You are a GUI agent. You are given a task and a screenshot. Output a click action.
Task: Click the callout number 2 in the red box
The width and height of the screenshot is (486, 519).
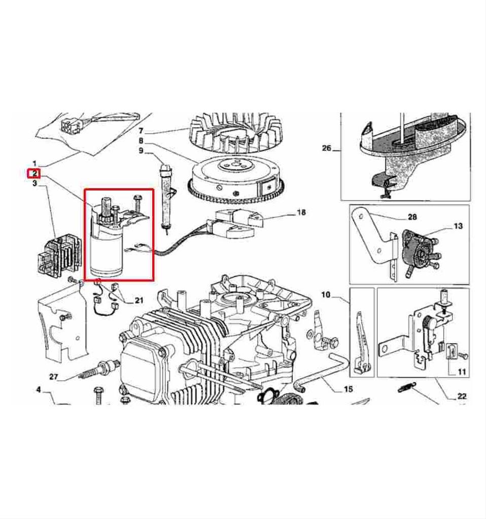(x=34, y=173)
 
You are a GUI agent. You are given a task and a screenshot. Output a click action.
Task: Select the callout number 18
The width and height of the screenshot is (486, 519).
(x=301, y=212)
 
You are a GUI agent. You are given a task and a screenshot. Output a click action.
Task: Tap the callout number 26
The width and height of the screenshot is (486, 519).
(x=327, y=149)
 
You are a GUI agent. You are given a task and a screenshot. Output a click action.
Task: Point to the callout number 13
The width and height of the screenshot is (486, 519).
(x=458, y=226)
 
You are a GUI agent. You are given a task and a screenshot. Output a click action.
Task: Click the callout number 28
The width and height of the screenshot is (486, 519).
(x=412, y=217)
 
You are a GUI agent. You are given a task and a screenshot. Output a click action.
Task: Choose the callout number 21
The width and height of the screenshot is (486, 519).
(x=138, y=301)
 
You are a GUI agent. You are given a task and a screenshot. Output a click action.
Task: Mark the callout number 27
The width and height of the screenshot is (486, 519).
(x=54, y=377)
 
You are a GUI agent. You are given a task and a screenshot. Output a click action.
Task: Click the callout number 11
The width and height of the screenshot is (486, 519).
(x=461, y=372)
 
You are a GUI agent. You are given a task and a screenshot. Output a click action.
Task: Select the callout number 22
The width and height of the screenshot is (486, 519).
(x=462, y=396)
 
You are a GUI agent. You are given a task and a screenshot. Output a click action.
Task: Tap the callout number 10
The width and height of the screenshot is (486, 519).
(x=326, y=294)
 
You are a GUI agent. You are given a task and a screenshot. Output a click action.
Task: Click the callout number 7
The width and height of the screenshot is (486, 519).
(x=141, y=131)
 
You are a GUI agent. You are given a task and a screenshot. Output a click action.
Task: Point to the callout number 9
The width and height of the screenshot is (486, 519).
(x=141, y=151)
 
